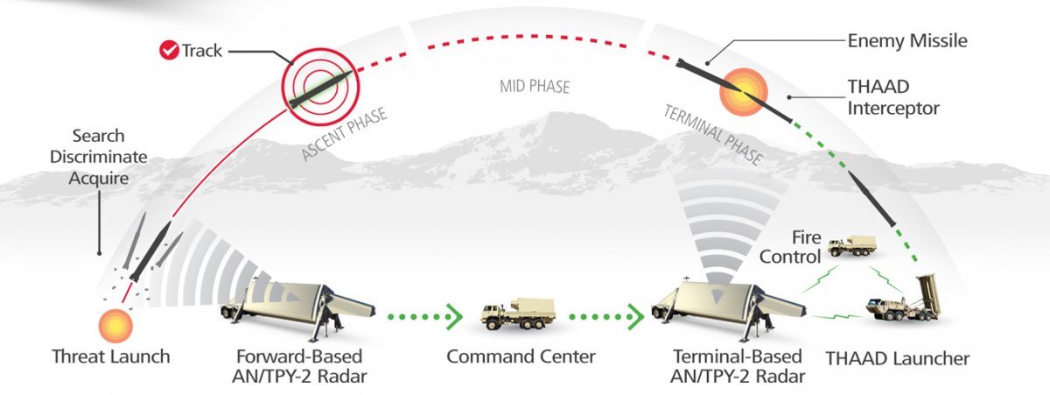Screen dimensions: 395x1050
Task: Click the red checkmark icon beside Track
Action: [x=169, y=50]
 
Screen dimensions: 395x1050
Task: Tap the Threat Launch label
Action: [x=110, y=357]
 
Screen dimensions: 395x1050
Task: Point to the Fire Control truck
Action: [x=851, y=246]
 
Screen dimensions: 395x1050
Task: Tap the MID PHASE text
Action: [x=535, y=86]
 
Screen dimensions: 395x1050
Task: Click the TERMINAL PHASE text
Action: [x=713, y=135]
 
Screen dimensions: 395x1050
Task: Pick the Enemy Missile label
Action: [x=907, y=41]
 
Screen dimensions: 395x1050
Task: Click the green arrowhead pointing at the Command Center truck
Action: [x=453, y=313]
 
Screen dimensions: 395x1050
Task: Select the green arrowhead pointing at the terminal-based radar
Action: [x=636, y=313]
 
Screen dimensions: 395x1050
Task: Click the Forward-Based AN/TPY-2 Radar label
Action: [x=299, y=366]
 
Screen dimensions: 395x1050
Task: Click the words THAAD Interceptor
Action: [x=892, y=98]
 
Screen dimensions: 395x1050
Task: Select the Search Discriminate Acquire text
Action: [x=99, y=157]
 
